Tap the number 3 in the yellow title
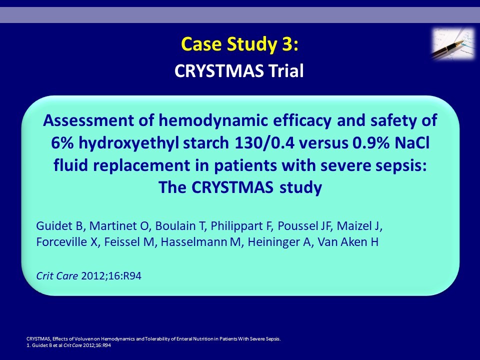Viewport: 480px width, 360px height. pyautogui.click(x=285, y=44)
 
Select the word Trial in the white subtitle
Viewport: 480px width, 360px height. pyautogui.click(x=286, y=70)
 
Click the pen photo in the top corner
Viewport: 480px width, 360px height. pyautogui.click(x=453, y=43)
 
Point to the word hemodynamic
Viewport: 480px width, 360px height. pyautogui.click(x=213, y=120)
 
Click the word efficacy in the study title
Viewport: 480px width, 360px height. pyautogui.click(x=302, y=120)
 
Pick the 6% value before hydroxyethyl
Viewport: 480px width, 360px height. pyautogui.click(x=62, y=143)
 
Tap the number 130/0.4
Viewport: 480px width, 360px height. pyautogui.click(x=264, y=143)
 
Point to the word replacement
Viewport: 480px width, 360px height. pyautogui.click(x=141, y=165)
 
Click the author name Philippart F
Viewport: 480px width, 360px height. pyautogui.click(x=241, y=226)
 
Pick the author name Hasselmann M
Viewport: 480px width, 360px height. pyautogui.click(x=201, y=242)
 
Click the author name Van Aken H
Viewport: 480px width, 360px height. pyautogui.click(x=348, y=242)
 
